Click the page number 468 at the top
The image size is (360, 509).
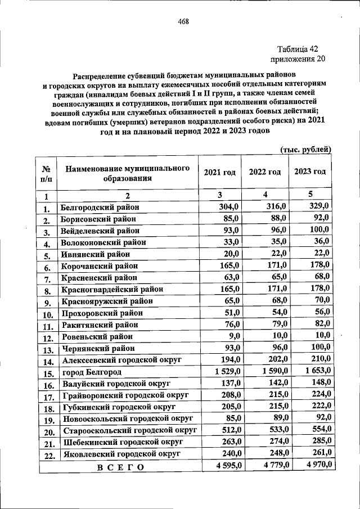tap(183, 22)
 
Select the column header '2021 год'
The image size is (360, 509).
tap(219, 172)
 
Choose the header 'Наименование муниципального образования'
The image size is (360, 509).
tap(127, 173)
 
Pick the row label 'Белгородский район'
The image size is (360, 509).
tap(100, 207)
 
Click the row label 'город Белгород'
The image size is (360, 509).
tap(91, 372)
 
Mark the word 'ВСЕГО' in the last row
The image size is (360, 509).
tap(120, 467)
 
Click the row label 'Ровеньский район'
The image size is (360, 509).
tap(97, 337)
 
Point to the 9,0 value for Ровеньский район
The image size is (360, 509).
tap(233, 336)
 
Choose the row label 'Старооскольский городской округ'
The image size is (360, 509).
tap(129, 431)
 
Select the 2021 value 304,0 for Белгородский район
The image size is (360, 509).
tap(229, 206)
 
